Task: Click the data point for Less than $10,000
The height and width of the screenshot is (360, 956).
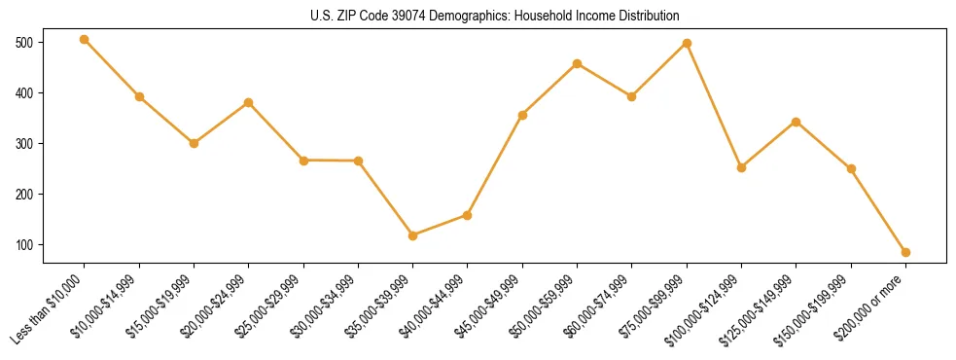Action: pyautogui.click(x=85, y=40)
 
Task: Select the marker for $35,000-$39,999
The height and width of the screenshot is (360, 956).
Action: pyautogui.click(x=413, y=235)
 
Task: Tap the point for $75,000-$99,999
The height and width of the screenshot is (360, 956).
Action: pyautogui.click(x=687, y=43)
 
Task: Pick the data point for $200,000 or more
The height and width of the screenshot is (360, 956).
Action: pyautogui.click(x=905, y=252)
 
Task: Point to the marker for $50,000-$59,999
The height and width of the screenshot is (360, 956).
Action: pyautogui.click(x=578, y=64)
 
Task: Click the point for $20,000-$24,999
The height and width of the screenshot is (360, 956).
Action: pyautogui.click(x=249, y=102)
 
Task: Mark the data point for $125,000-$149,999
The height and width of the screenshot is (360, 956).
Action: pyautogui.click(x=797, y=122)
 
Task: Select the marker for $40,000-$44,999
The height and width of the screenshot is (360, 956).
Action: pyautogui.click(x=468, y=215)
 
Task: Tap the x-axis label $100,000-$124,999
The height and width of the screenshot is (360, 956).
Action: pyautogui.click(x=709, y=306)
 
